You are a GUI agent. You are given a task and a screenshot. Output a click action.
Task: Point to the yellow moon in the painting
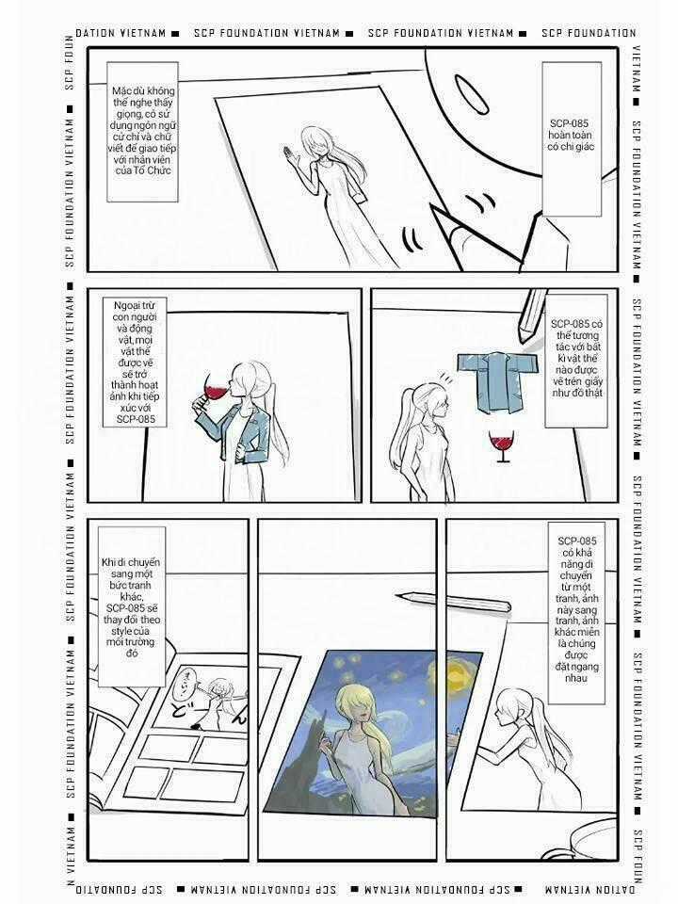(456, 672)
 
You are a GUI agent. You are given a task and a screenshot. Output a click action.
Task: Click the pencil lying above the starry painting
(454, 600)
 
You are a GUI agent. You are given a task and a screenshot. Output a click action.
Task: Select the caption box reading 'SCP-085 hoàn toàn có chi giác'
(572, 139)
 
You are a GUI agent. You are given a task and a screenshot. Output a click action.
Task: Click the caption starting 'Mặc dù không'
(142, 132)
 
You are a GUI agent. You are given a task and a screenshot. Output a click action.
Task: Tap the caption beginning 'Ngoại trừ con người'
(135, 362)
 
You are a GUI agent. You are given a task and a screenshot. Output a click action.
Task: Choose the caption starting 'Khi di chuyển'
(132, 606)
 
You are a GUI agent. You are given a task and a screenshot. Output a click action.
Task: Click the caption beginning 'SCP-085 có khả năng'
(576, 613)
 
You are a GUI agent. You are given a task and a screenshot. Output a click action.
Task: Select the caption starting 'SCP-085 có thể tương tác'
(576, 361)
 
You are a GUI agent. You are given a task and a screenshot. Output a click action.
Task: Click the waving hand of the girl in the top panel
(288, 154)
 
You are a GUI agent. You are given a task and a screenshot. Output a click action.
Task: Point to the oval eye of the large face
(471, 94)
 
